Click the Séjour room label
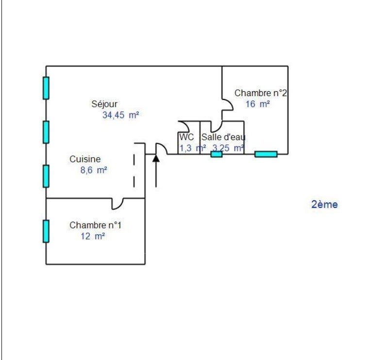(104, 104)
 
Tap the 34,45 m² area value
(121, 115)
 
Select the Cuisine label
(85, 159)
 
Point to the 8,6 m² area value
(94, 170)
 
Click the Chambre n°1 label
(95, 225)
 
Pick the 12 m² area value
(93, 236)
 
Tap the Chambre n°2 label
(261, 93)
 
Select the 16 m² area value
(258, 104)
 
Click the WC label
(187, 137)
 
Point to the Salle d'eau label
(223, 137)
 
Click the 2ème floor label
(325, 204)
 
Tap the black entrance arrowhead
(156, 158)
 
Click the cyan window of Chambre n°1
(46, 231)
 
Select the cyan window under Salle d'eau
(216, 154)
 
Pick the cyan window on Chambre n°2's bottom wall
(266, 154)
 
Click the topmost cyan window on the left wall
(46, 88)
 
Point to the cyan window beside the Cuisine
(46, 176)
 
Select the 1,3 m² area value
(193, 148)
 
